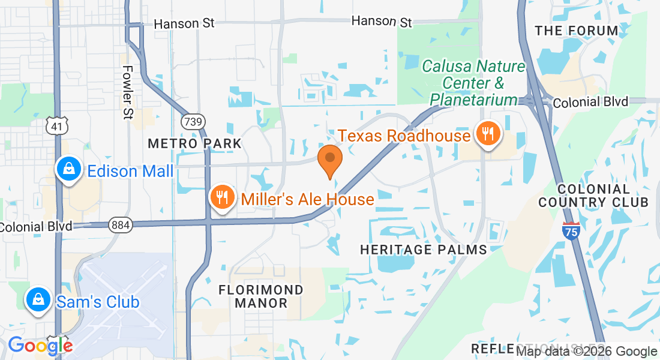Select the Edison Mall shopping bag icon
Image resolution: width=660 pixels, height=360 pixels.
coord(70,169)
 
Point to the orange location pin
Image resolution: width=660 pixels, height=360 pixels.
coord(329,159)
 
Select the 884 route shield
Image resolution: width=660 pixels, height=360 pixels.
coord(118,225)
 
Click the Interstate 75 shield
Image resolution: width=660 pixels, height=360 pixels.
coord(572,231)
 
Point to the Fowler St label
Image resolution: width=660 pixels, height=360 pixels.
coord(127,92)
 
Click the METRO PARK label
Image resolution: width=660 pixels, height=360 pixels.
coord(194,143)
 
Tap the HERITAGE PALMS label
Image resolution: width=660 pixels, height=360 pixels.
coord(423,249)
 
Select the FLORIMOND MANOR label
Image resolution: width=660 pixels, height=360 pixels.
coord(261,296)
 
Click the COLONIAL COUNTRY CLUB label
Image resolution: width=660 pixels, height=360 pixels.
coord(593,196)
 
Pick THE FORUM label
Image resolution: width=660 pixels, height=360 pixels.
coord(576,31)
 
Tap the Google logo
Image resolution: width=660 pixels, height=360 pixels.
coord(40,346)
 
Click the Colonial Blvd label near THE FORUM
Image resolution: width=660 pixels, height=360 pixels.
coord(590,102)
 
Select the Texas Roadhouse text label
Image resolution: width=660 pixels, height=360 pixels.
coord(404,136)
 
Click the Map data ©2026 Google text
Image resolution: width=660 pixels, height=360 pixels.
coord(587,352)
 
